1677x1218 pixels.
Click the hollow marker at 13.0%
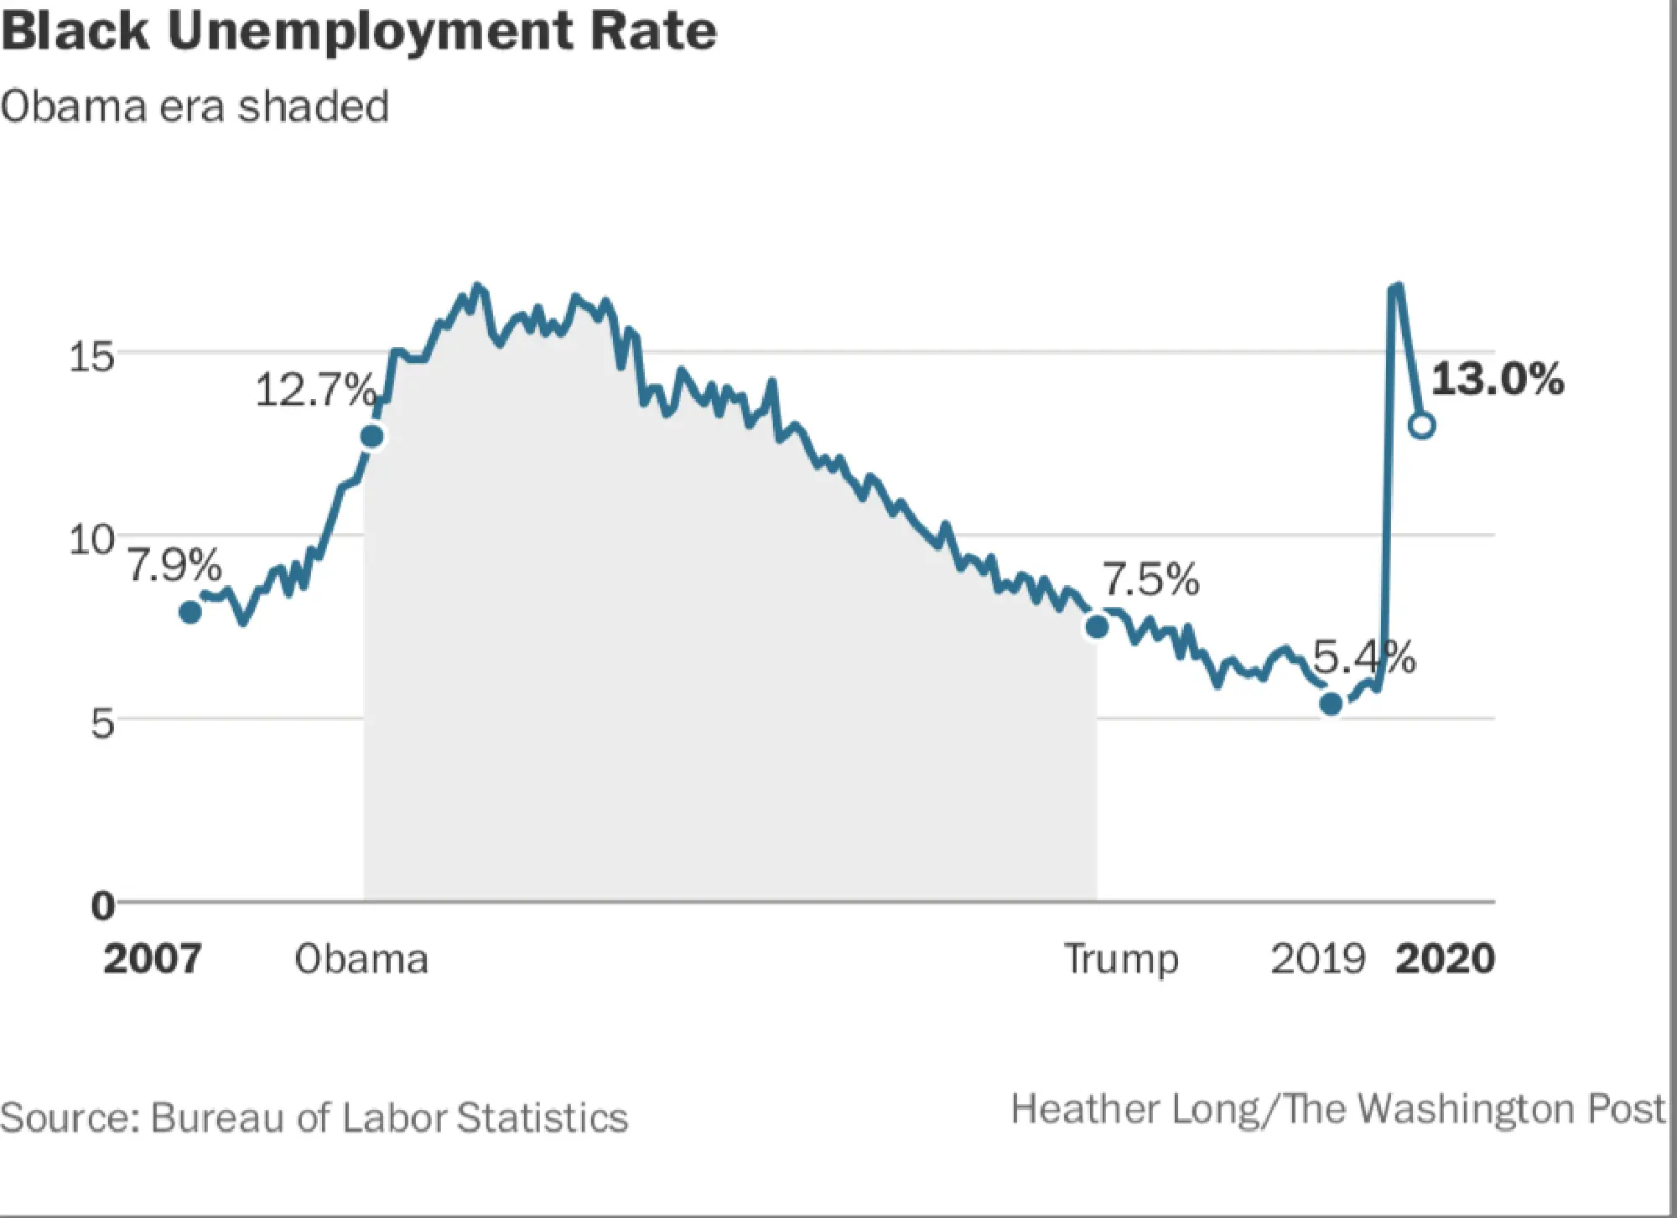click(1422, 425)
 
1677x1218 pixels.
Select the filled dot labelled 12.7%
click(371, 436)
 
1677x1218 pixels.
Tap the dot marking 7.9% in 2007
click(190, 612)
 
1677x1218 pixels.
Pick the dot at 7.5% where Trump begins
click(1096, 626)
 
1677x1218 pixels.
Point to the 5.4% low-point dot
click(1331, 704)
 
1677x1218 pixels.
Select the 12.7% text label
click(315, 390)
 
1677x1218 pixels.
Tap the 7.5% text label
click(1150, 579)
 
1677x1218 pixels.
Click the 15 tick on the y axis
click(91, 357)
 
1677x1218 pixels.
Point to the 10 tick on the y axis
click(91, 539)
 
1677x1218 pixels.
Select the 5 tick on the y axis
click(101, 723)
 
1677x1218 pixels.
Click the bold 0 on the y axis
click(102, 905)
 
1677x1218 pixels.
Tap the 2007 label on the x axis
click(153, 958)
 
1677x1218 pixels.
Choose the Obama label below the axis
click(361, 958)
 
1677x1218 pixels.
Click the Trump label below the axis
click(1121, 958)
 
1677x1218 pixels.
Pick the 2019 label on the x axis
click(1318, 958)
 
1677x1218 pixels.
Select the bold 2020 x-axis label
click(1445, 958)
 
